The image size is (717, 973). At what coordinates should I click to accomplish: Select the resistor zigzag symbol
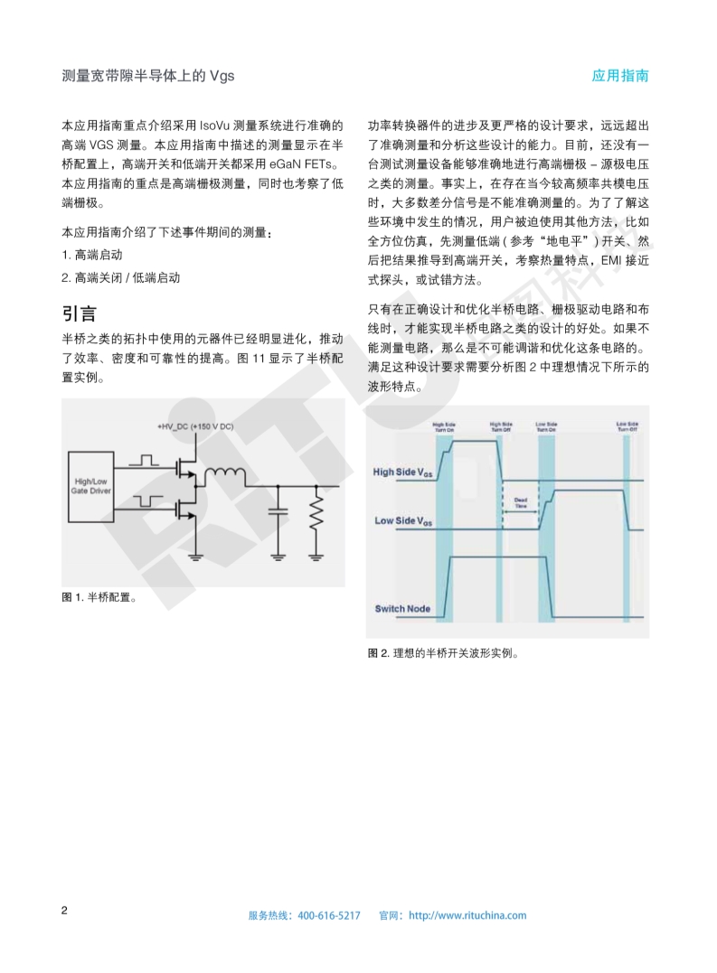coord(316,515)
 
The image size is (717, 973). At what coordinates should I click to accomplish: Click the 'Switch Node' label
coord(402,609)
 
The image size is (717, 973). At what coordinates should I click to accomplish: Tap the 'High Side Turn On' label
coord(444,427)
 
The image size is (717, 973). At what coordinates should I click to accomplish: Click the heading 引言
coord(80,313)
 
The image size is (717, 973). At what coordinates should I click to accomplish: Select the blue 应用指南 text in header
coord(620,76)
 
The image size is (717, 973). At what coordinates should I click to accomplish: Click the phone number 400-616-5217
coord(328,915)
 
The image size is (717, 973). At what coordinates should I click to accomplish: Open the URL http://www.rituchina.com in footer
coord(467,915)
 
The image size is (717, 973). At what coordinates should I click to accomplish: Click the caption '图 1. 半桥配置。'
coord(99,597)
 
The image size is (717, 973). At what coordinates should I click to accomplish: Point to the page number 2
coord(64,910)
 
